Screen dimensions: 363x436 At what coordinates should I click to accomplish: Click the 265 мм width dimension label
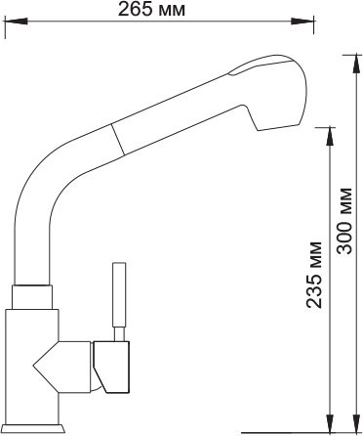click(151, 9)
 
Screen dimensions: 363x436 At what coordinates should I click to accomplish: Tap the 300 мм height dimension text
click(344, 221)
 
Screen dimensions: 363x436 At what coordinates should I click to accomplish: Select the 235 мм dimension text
click(314, 275)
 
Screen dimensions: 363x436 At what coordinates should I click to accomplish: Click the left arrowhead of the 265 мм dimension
click(16, 22)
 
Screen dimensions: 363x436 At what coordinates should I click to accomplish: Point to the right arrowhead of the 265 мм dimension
click(302, 22)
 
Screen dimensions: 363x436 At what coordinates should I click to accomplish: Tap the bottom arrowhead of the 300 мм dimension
click(355, 422)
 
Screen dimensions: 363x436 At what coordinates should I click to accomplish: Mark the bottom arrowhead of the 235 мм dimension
click(330, 422)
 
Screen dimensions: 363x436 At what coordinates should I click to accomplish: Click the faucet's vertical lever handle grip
click(119, 294)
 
